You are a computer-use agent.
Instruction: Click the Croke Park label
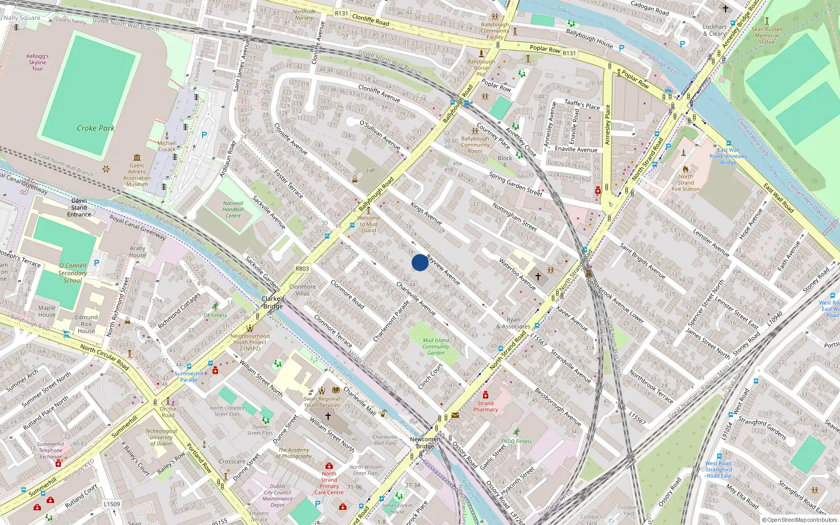coord(96,128)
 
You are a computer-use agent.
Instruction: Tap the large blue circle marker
coord(420,262)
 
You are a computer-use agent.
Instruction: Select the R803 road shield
coord(302,269)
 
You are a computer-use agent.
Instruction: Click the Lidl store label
coord(371,170)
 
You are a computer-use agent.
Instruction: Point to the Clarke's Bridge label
coord(273,302)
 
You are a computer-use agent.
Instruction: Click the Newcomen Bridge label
coord(425,443)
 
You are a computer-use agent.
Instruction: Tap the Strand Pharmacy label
coord(485,406)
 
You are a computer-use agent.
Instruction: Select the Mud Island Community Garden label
coord(436,346)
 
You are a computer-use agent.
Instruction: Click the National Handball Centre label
coord(233,209)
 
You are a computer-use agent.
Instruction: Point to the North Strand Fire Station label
coord(686,183)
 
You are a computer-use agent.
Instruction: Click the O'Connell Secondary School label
coord(72,273)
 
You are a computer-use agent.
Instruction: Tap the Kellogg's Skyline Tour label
coord(37,62)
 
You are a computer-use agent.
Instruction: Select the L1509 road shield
coord(111,504)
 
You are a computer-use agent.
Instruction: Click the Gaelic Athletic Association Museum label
coord(137,175)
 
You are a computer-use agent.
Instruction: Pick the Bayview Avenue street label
coord(444,270)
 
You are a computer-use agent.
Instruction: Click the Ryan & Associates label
coord(513,323)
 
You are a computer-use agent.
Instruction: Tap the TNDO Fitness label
coord(516,441)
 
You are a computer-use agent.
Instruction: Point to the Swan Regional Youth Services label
coord(322,402)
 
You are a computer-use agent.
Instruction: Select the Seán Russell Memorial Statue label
coord(766,36)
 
